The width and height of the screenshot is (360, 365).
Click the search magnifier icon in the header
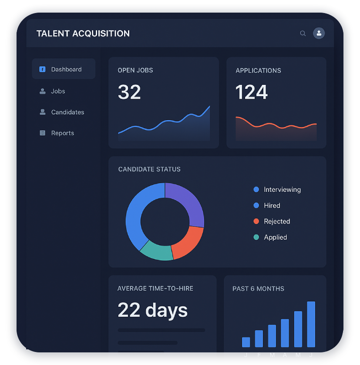[x=303, y=33]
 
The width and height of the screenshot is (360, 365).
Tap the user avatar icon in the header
[x=319, y=33]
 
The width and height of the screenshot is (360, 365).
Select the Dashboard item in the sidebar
[x=64, y=69]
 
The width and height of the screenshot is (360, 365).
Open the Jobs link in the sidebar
[x=57, y=91]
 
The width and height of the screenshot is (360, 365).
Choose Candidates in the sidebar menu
[x=67, y=112]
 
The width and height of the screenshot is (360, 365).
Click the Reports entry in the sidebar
[x=62, y=133]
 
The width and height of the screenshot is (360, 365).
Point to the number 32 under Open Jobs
[x=129, y=92]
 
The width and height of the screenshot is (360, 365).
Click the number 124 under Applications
[x=252, y=92]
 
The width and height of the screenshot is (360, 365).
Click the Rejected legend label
[x=276, y=221]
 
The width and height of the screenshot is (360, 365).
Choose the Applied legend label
[x=275, y=237]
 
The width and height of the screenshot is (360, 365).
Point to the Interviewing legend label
[x=282, y=190]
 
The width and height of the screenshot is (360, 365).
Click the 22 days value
[x=152, y=310]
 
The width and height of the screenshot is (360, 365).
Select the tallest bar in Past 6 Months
[x=311, y=324]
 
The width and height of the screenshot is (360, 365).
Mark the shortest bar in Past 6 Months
[x=246, y=342]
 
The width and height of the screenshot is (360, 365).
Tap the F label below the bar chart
[x=259, y=355]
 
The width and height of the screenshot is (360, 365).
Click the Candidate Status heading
[x=149, y=169]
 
